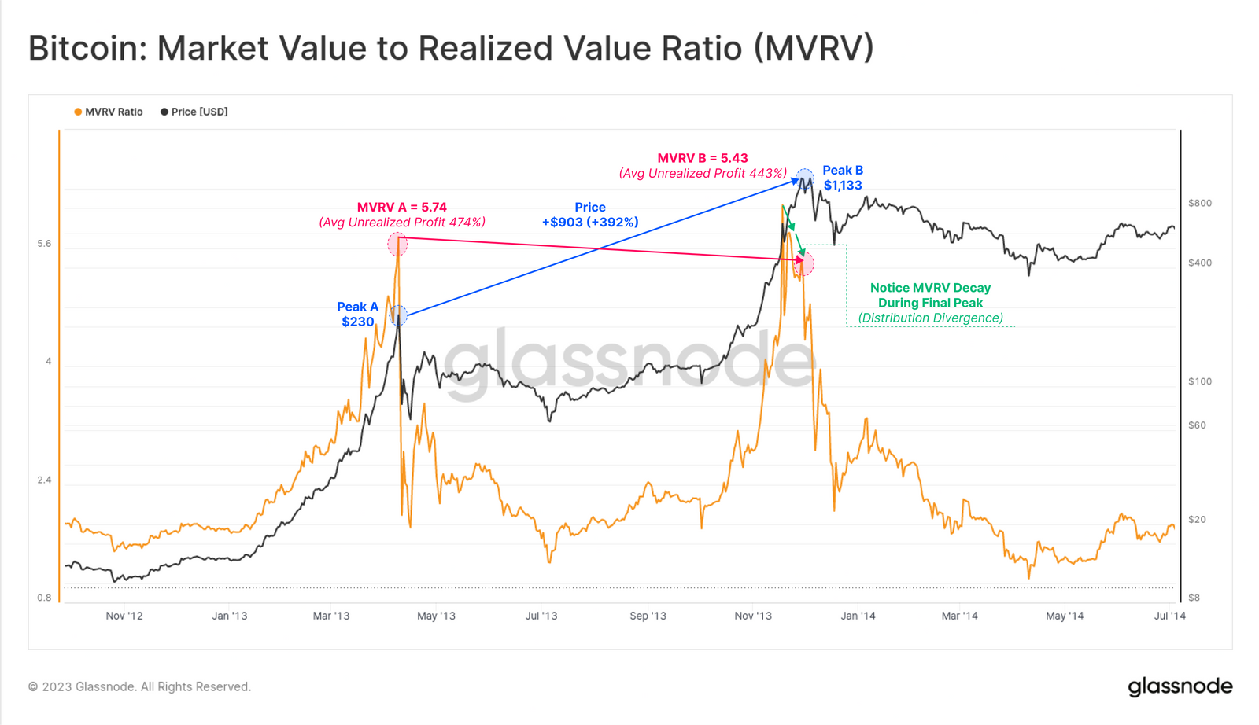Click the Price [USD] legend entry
click(194, 112)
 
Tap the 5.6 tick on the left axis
click(44, 244)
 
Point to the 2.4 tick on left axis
click(44, 480)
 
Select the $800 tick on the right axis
click(1200, 203)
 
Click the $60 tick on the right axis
click(1197, 425)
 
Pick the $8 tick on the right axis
click(1194, 598)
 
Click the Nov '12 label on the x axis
click(124, 616)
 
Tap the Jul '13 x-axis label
click(541, 616)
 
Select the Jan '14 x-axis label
click(858, 616)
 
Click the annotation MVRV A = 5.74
click(402, 207)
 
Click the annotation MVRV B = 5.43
click(703, 158)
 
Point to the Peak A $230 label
click(358, 315)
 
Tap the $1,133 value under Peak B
click(843, 186)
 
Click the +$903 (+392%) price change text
click(590, 222)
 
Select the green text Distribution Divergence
click(931, 318)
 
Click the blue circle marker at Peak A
click(399, 315)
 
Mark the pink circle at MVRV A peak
click(397, 244)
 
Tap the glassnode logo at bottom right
click(1180, 686)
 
